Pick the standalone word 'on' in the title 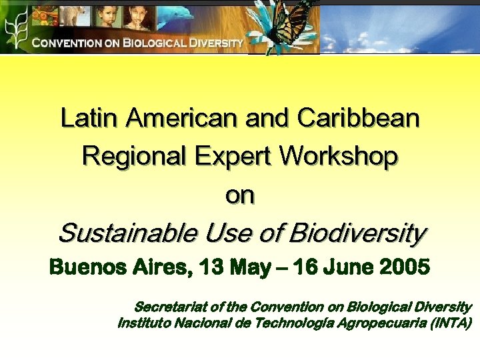(x=240, y=195)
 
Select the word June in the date (x=343, y=269)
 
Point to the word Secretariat (x=171, y=307)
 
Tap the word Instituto (x=144, y=324)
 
